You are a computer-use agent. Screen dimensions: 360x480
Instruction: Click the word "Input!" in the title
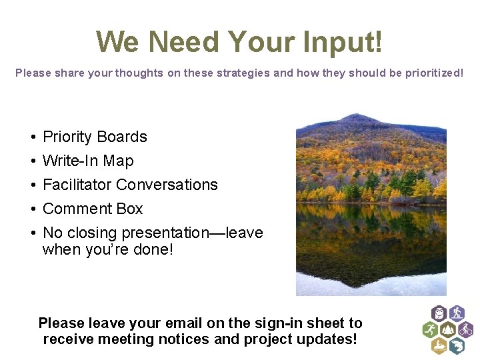pos(343,42)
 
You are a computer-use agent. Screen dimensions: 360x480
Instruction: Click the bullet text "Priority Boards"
pos(95,137)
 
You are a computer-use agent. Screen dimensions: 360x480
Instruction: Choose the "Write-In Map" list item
pos(88,161)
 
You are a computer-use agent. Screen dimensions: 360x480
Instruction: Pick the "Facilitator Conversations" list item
pos(130,185)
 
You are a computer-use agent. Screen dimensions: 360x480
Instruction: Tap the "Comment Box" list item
pos(93,209)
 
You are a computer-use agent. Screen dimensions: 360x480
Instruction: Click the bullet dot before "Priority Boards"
pos(33,137)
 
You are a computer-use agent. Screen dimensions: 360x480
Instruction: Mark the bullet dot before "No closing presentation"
pos(33,233)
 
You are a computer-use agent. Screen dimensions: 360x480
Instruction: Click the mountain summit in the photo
pos(359,117)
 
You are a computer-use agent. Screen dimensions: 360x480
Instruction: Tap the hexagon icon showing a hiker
pos(457,313)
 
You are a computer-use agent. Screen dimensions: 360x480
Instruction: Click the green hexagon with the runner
pos(430,329)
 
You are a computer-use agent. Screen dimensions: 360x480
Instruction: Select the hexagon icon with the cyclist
pos(465,329)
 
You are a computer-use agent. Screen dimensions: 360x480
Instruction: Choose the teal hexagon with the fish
pos(457,346)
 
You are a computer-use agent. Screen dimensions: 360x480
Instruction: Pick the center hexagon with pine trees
pos(447,329)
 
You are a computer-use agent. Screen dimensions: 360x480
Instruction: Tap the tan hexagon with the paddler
pos(439,346)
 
